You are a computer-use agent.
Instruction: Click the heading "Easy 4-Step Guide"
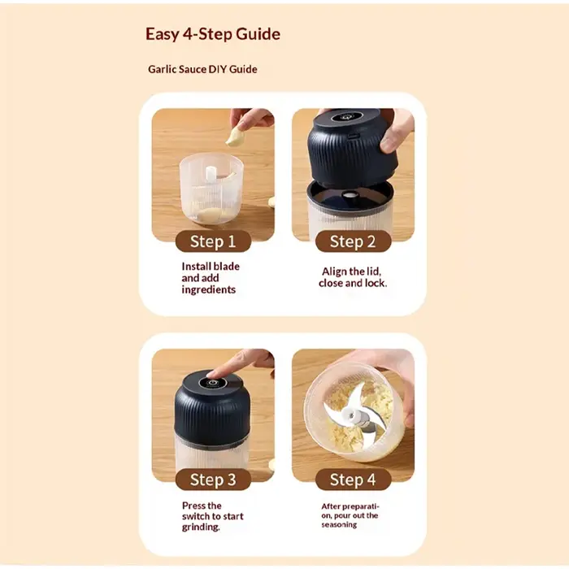213,34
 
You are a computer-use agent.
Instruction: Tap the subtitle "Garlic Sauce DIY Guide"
202,69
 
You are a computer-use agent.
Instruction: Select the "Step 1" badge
213,241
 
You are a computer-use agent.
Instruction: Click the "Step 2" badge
353,241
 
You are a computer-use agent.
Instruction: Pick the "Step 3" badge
213,480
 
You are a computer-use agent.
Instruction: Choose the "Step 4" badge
353,480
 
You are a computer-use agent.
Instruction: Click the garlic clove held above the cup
236,136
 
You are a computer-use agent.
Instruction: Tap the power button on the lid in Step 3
213,383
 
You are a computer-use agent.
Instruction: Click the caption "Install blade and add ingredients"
211,278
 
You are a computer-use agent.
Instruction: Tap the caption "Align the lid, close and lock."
353,277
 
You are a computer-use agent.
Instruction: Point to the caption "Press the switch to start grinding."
213,516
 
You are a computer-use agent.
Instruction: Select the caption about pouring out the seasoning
350,515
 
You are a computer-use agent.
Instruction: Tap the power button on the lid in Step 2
346,117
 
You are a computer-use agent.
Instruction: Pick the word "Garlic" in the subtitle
162,69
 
